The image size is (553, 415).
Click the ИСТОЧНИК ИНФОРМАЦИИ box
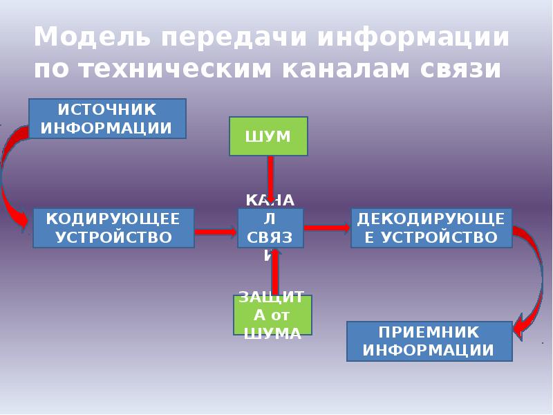click(x=107, y=118)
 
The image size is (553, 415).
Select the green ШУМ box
click(x=268, y=136)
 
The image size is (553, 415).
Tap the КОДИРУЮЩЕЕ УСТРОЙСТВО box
click(x=113, y=228)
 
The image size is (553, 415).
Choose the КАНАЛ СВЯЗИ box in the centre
click(x=270, y=228)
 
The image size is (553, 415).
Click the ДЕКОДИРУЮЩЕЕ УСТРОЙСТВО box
click(x=431, y=228)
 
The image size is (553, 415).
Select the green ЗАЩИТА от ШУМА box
click(x=272, y=315)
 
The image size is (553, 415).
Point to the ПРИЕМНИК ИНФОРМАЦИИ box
click(x=429, y=340)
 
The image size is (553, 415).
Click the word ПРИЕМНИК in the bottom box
click(x=429, y=331)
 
